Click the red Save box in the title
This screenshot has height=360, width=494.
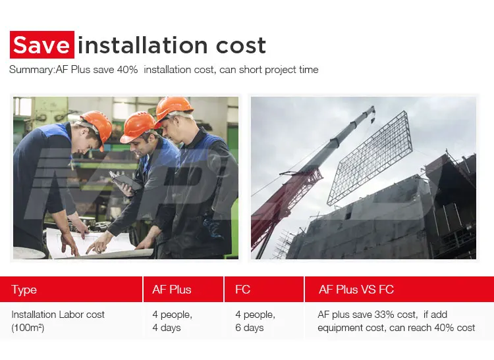(42, 45)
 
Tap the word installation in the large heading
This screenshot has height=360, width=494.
(142, 45)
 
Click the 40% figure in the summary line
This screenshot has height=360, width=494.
(127, 69)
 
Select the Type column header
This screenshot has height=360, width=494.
(24, 290)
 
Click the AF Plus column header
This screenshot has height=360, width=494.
(172, 289)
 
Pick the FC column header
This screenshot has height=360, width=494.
(242, 289)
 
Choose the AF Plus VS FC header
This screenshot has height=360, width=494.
(356, 289)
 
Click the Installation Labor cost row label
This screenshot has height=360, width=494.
(58, 321)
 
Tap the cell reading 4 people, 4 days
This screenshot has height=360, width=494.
(173, 321)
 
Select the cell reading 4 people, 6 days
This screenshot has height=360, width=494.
(255, 321)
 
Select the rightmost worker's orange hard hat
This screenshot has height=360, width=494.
(174, 109)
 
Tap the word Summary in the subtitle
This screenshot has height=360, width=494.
(32, 70)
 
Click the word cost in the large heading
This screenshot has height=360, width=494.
(241, 45)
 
